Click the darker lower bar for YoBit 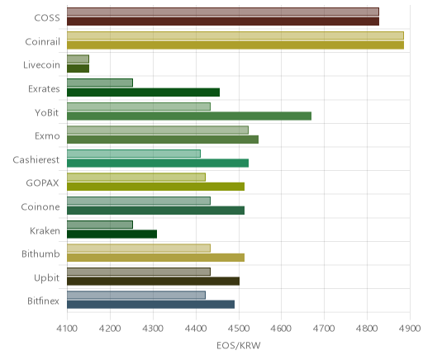pyautogui.click(x=189, y=116)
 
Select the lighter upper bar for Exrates pyautogui.click(x=100, y=83)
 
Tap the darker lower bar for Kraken pyautogui.click(x=112, y=234)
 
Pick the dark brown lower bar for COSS pyautogui.click(x=223, y=21)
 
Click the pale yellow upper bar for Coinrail pyautogui.click(x=235, y=36)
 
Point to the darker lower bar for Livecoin pyautogui.click(x=78, y=69)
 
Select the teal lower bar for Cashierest pyautogui.click(x=158, y=163)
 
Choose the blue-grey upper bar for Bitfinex pyautogui.click(x=136, y=296)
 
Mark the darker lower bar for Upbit pyautogui.click(x=154, y=282)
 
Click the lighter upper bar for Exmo pyautogui.click(x=158, y=130)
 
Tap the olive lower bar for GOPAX pyautogui.click(x=156, y=187)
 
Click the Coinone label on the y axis pyautogui.click(x=40, y=207)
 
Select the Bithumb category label pyautogui.click(x=40, y=253)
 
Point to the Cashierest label pyautogui.click(x=36, y=160)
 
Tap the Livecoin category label pyautogui.click(x=41, y=65)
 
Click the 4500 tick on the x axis pyautogui.click(x=239, y=329)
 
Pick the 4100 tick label pyautogui.click(x=67, y=329)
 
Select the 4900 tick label pyautogui.click(x=410, y=329)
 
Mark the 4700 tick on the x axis pyautogui.click(x=324, y=329)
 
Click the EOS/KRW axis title pyautogui.click(x=239, y=346)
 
